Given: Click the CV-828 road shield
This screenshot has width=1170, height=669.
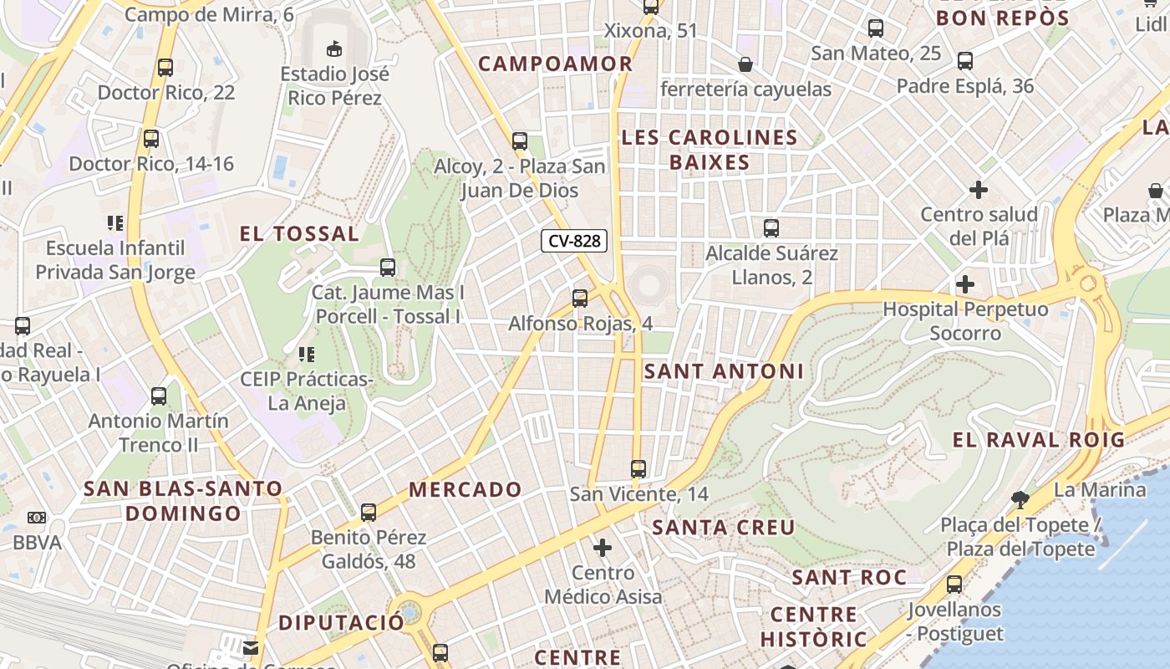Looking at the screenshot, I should point(574,241).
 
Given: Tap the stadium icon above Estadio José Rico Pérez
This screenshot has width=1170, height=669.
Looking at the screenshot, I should point(334,48).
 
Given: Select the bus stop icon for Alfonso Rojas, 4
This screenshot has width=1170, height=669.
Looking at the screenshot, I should point(580,299).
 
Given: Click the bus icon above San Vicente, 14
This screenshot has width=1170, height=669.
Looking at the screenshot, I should point(638,469).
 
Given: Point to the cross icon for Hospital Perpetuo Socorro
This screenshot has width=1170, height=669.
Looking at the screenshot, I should point(965,284).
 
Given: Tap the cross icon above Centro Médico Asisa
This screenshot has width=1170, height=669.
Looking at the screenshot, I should point(602,549).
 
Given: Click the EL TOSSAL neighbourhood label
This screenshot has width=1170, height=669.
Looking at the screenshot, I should point(299,234).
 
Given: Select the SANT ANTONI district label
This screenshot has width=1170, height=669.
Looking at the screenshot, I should point(724,371).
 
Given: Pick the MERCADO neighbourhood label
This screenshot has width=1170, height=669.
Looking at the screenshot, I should point(465,490).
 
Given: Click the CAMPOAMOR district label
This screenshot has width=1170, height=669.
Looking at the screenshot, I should point(555,64).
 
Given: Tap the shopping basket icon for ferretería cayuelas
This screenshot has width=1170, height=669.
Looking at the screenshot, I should point(745,64).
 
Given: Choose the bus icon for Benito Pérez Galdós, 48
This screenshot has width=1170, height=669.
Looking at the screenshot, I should point(369,513).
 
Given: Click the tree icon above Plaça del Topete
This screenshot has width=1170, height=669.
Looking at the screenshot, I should point(1020,500).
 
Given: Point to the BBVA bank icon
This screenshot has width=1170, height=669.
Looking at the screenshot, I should point(36,518).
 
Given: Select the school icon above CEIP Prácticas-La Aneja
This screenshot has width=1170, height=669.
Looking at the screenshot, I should point(306,355).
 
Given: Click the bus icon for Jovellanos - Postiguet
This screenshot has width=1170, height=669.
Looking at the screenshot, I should point(954,585).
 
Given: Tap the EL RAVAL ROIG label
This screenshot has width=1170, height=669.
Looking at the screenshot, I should point(1039,440).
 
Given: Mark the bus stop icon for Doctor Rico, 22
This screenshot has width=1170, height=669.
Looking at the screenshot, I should point(165,68).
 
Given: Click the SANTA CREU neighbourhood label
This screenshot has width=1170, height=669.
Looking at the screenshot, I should point(723,528).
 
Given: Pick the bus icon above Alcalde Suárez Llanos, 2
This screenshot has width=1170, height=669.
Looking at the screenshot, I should point(771,227).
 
